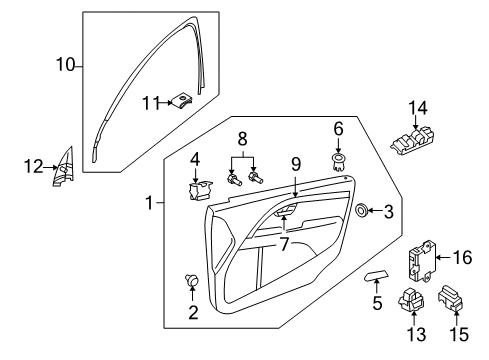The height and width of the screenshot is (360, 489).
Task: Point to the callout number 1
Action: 148,203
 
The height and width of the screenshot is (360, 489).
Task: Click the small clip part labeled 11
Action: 183,100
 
